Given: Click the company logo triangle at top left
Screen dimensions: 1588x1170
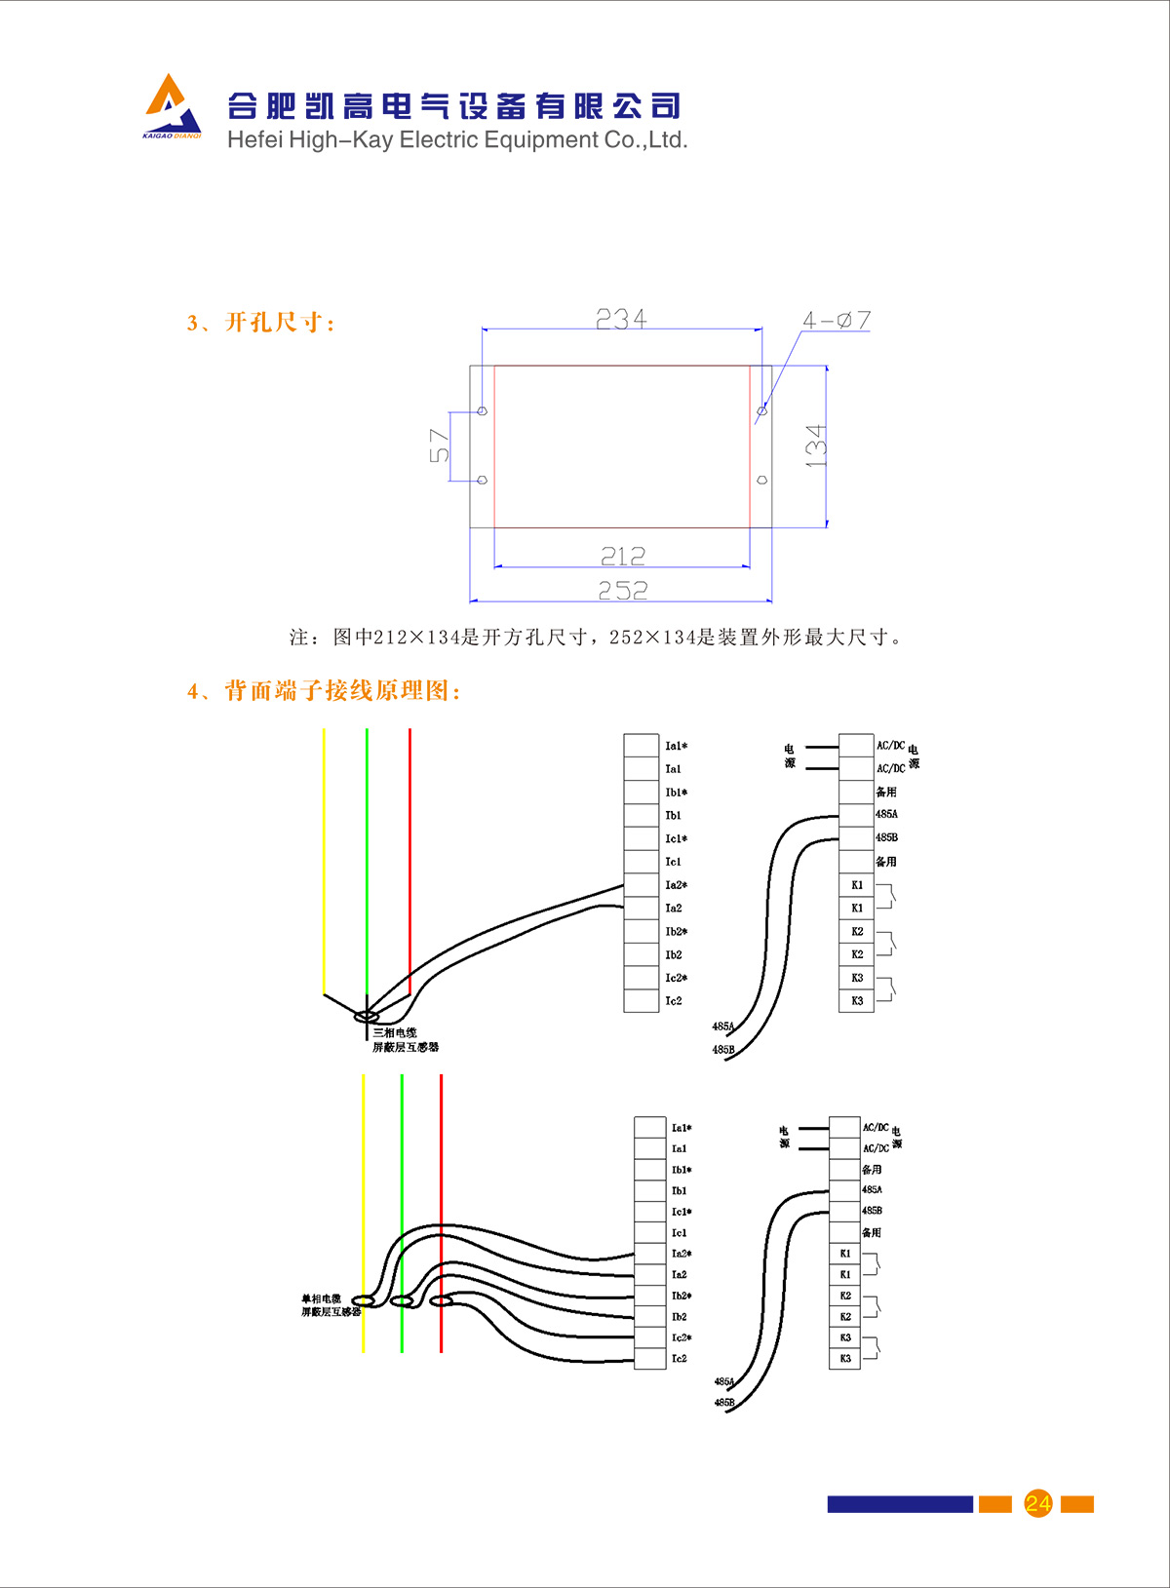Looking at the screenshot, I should (x=172, y=104).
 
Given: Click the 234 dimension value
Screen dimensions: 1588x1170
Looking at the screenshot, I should (x=621, y=319).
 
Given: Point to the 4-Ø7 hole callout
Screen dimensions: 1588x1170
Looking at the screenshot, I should (x=836, y=320).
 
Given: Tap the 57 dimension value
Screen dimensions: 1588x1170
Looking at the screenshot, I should (x=440, y=445).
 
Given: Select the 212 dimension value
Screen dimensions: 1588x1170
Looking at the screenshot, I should (x=623, y=556).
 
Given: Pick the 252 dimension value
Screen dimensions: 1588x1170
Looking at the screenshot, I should (x=623, y=590).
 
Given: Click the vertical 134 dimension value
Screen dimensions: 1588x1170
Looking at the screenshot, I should (x=815, y=445).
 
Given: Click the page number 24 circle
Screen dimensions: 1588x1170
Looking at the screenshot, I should (x=1037, y=1503).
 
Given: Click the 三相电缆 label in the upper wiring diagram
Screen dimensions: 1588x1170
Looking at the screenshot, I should (x=395, y=1032).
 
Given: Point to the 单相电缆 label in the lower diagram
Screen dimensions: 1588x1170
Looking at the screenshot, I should (x=321, y=1298).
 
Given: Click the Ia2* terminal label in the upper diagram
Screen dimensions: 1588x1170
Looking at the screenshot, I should (x=676, y=885).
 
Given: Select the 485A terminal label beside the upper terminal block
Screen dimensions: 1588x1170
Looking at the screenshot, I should (x=886, y=814).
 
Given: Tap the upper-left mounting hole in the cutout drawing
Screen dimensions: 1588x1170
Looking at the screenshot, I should (x=482, y=411).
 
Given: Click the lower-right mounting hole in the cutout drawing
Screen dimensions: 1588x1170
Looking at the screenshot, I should (x=761, y=480).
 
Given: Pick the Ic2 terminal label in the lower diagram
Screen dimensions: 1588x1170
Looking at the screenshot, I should (x=679, y=1358).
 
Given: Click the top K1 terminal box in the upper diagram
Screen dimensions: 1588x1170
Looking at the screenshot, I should (x=856, y=885).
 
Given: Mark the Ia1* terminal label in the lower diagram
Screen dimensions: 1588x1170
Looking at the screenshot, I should (x=681, y=1128).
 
